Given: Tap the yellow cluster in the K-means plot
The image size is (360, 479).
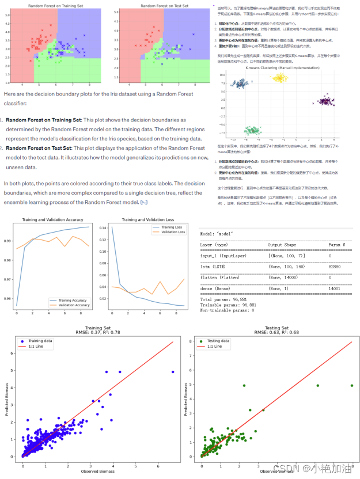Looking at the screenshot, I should [x=280, y=78].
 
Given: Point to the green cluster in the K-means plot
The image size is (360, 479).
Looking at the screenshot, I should [x=251, y=131].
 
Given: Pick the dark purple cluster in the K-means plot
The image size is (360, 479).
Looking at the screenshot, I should [x=325, y=101].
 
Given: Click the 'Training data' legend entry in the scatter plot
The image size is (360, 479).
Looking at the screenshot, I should [x=39, y=341].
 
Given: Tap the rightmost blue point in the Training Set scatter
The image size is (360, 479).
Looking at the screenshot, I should [x=173, y=372].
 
